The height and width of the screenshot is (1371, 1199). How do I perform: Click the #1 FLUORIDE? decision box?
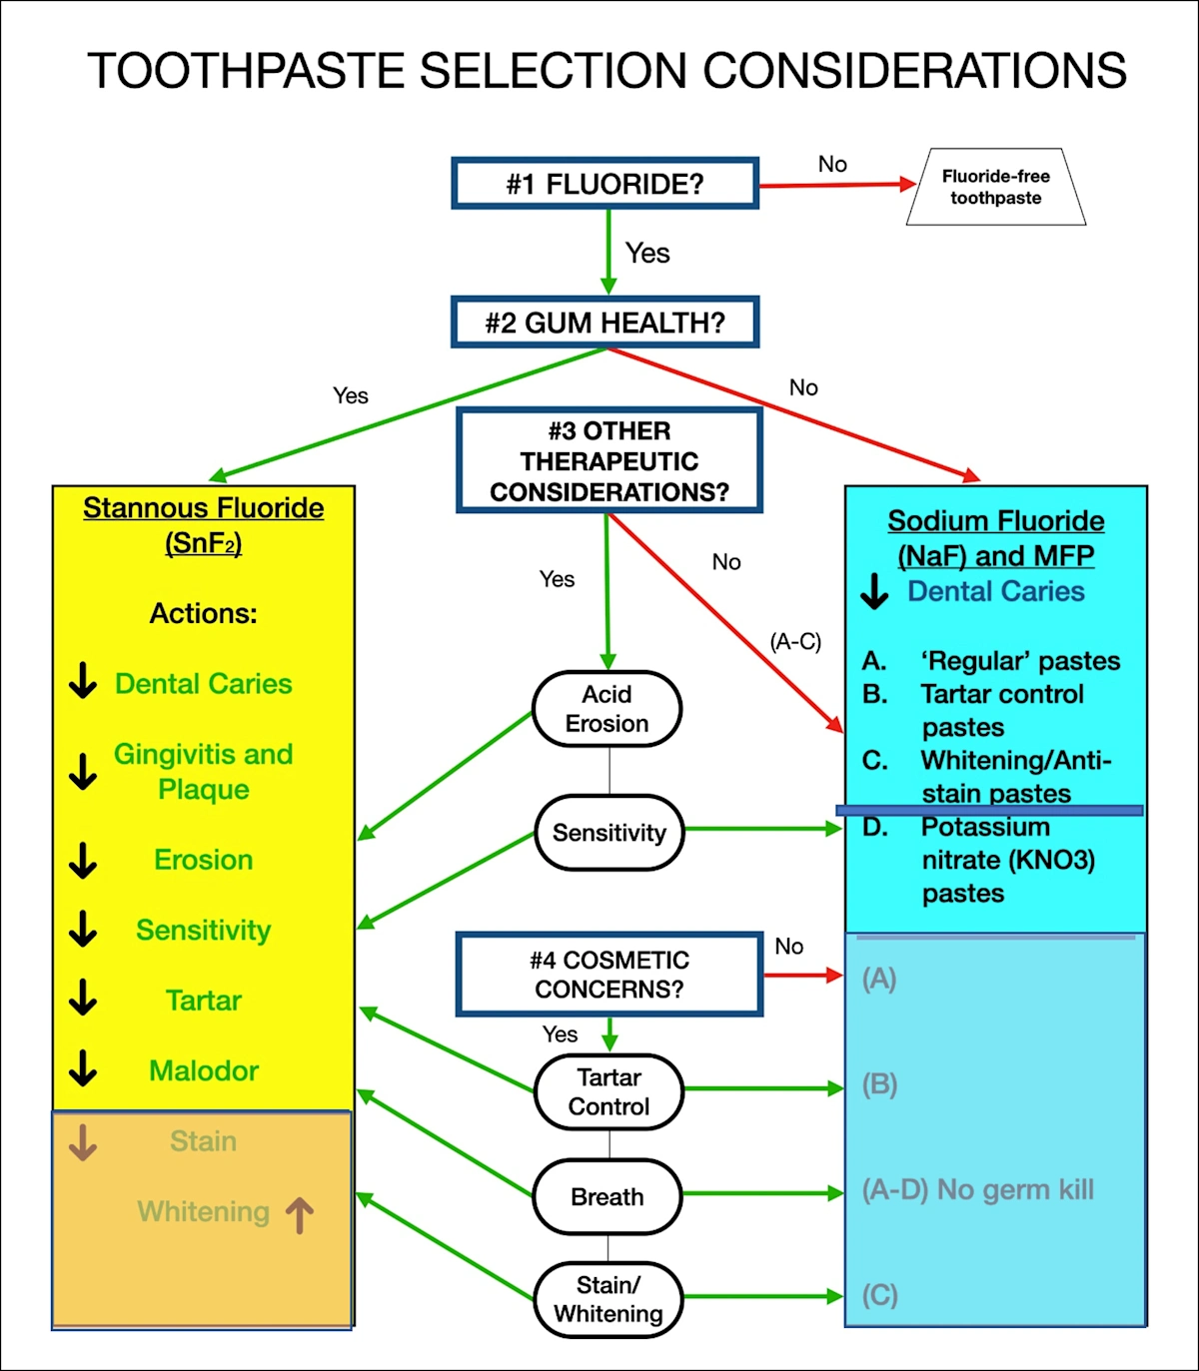[x=604, y=184]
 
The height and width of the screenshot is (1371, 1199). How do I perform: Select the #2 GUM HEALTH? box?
[x=604, y=323]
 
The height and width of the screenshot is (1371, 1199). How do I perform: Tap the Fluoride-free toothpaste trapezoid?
[x=995, y=187]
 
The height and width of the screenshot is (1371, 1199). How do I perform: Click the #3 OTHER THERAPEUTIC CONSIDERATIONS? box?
[x=608, y=461]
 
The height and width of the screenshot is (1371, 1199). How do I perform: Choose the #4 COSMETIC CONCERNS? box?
[x=608, y=975]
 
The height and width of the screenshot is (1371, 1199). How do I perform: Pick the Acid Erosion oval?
[x=606, y=709]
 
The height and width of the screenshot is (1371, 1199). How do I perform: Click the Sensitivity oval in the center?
[x=608, y=833]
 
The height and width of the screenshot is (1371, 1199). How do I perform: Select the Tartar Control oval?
[x=608, y=1091]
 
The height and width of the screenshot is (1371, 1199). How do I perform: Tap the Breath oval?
[x=606, y=1196]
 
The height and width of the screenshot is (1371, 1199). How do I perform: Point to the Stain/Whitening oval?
[x=607, y=1299]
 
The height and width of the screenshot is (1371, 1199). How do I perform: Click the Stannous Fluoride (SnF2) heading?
[x=203, y=525]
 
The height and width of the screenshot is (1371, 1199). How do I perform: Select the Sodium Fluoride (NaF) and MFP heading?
[x=995, y=538]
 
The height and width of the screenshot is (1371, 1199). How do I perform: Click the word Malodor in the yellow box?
[x=204, y=1070]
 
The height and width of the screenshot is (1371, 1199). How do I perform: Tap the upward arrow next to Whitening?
[x=300, y=1215]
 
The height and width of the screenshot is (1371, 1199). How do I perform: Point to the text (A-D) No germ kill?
[x=977, y=1189]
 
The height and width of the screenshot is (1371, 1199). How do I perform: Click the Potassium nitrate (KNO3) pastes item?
[x=1007, y=860]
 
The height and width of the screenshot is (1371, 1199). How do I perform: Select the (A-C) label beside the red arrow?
[x=795, y=641]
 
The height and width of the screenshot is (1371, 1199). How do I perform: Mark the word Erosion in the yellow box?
[x=203, y=860]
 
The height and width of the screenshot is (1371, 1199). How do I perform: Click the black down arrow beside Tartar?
[x=83, y=998]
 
